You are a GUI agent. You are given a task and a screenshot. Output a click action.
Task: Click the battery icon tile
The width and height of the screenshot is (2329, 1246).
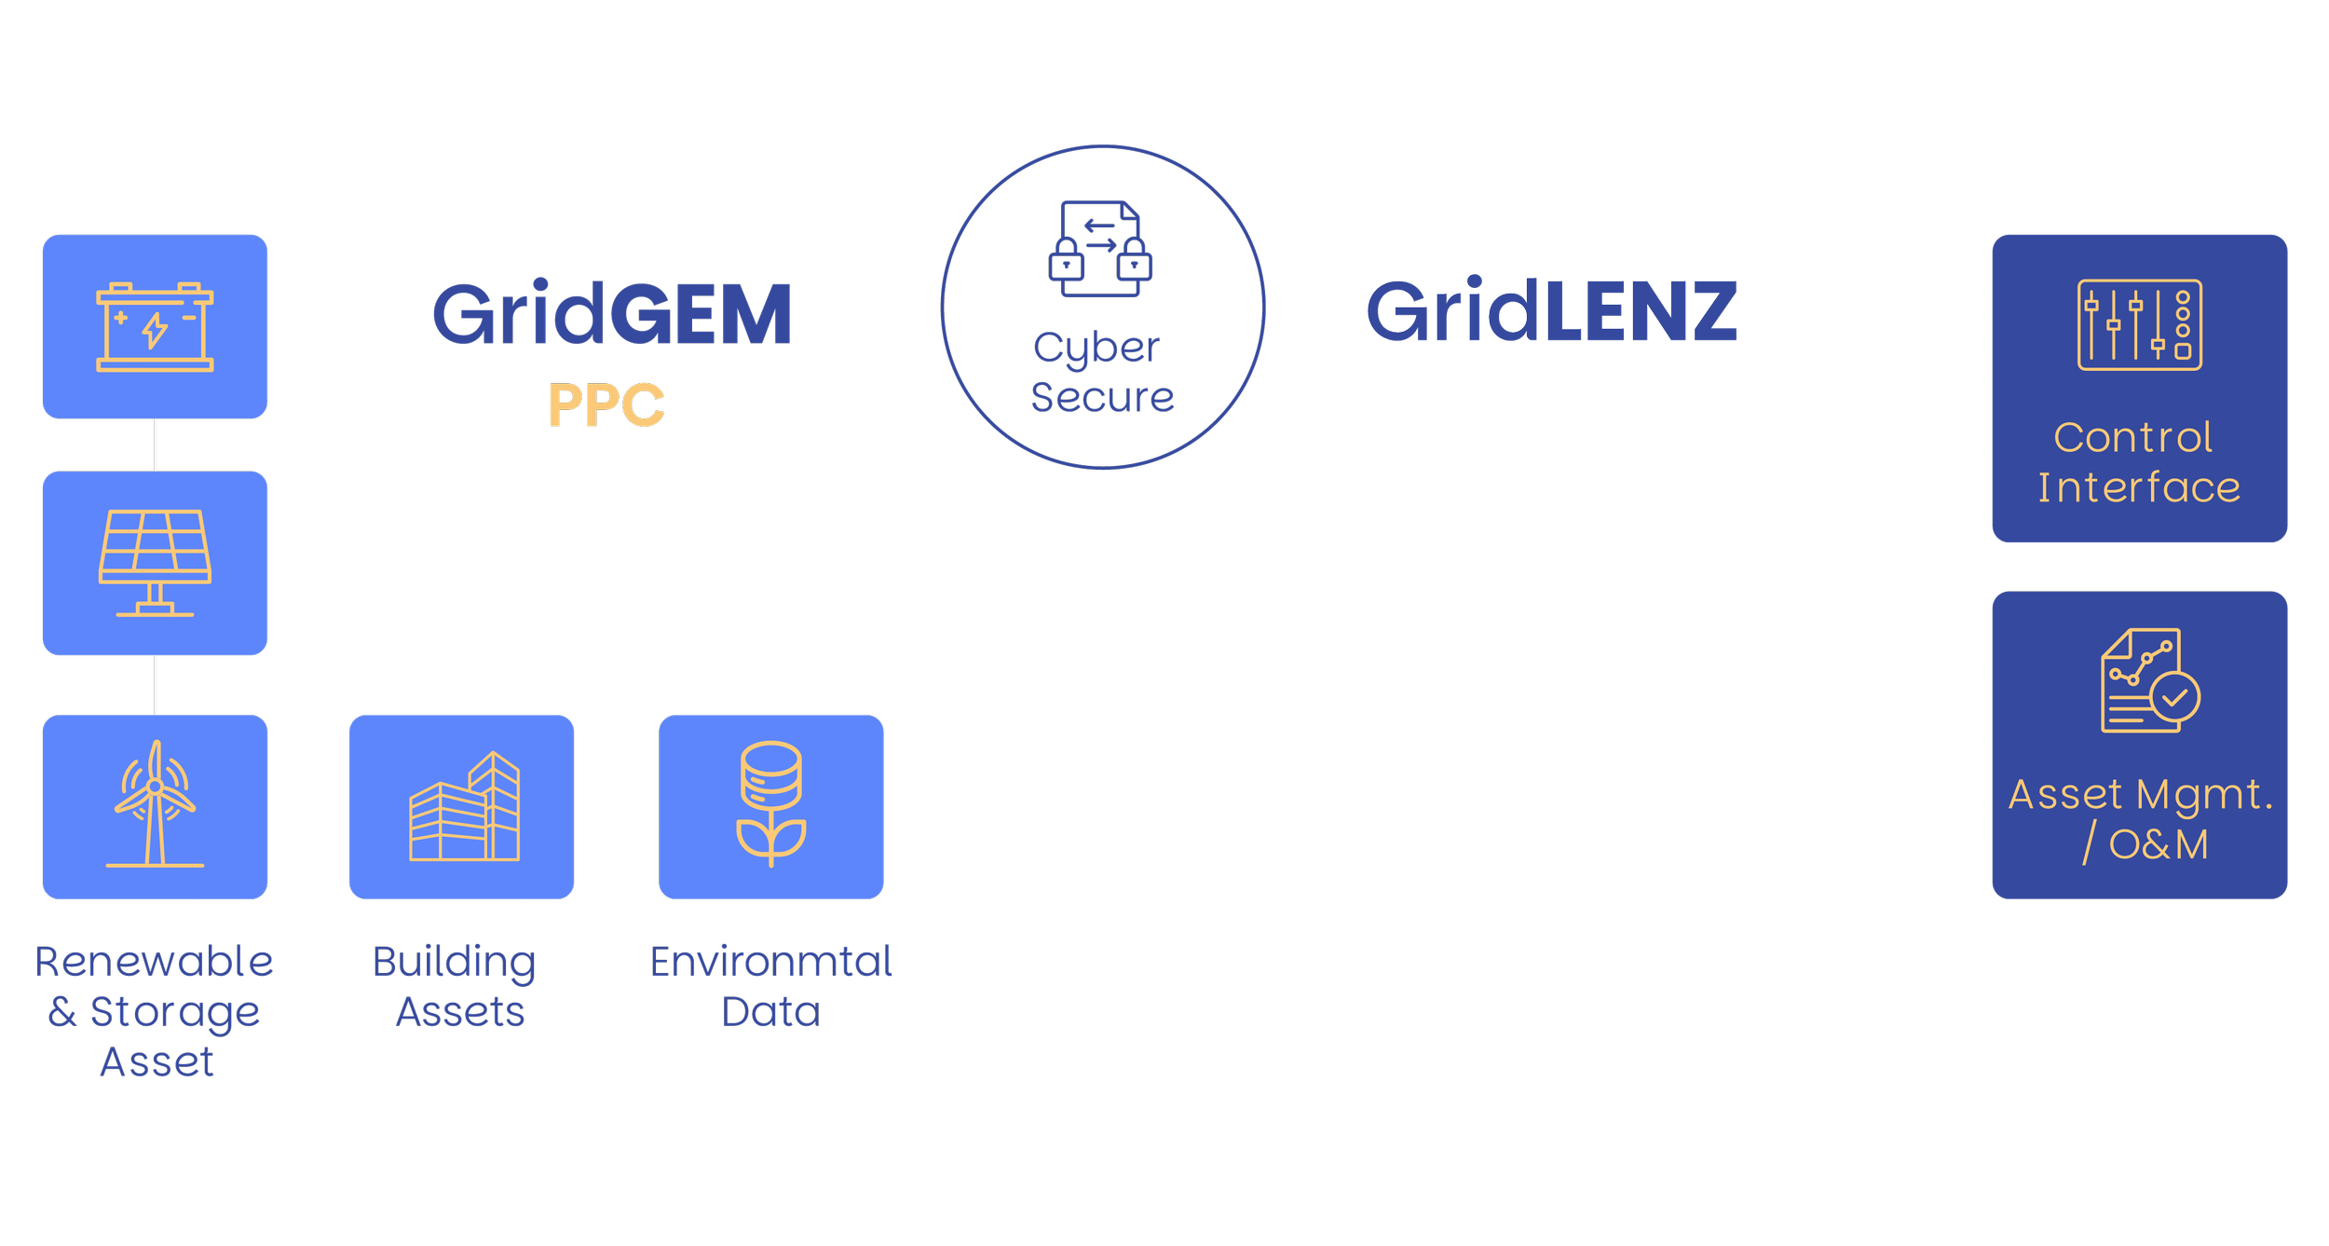[x=155, y=326]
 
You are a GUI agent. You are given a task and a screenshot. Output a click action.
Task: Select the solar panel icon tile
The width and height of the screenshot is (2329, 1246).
[x=155, y=563]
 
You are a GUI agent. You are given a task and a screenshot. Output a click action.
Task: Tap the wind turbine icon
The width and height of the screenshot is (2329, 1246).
[x=155, y=805]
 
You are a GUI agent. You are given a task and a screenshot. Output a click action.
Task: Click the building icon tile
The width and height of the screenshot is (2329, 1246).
[x=462, y=807]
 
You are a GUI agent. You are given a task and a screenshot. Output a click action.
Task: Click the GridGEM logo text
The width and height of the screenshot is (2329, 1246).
[x=612, y=315]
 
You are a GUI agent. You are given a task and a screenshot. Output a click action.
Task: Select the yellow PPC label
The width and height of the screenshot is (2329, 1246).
[x=606, y=404]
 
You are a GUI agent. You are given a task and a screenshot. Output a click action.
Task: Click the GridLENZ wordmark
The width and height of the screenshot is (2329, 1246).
[x=1550, y=311]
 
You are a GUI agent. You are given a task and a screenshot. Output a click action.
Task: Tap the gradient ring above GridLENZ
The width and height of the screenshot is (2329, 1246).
[x=1543, y=170]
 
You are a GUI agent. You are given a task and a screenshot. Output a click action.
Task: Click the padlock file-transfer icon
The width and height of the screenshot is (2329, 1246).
[x=1100, y=249]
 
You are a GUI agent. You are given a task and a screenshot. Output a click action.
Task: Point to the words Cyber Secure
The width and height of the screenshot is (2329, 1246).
[x=1101, y=372]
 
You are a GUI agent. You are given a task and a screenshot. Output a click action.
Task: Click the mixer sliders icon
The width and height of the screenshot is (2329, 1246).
[x=2139, y=325]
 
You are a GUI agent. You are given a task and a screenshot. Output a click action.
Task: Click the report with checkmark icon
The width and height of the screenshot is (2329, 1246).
[x=2148, y=681]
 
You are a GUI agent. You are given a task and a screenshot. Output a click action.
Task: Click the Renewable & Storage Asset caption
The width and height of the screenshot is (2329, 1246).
[x=155, y=1011]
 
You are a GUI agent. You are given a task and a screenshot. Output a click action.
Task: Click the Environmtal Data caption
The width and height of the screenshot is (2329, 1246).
[x=771, y=986]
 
